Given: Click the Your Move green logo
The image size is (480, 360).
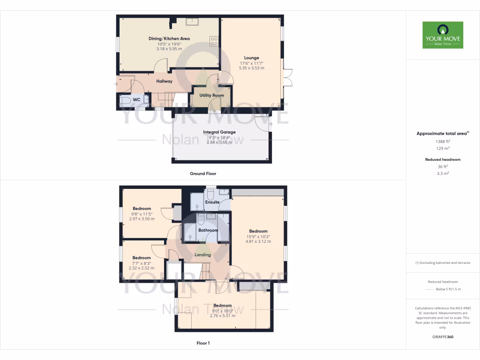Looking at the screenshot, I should click(442, 35).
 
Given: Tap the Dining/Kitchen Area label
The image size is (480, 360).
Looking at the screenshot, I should click(169, 38).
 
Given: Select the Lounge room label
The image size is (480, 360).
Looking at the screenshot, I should click(251, 58).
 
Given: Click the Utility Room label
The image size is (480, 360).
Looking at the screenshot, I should click(211, 95).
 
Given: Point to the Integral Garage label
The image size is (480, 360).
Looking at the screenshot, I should click(220, 132).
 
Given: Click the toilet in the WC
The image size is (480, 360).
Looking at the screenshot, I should click(125, 100).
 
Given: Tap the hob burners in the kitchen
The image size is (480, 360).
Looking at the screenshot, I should click(214, 41).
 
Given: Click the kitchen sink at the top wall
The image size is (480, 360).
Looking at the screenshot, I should click(193, 22).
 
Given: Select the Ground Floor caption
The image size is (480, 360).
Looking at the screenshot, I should click(203, 173).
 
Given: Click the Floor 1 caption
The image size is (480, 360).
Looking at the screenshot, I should click(203, 343).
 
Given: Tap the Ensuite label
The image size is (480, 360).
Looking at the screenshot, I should click(212, 202).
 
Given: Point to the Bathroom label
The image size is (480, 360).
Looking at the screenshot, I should click(208, 230).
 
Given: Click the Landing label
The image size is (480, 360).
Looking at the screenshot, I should click(202, 255).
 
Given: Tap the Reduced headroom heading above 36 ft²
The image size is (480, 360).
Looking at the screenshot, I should click(442, 159).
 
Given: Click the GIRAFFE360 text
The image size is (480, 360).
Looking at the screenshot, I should click(442, 337).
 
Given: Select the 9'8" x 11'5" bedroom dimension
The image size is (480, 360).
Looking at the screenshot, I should click(142, 214).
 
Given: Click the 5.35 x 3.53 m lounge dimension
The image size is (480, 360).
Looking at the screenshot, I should click(251, 68).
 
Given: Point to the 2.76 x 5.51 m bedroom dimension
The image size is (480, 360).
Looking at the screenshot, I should click(223, 315).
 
